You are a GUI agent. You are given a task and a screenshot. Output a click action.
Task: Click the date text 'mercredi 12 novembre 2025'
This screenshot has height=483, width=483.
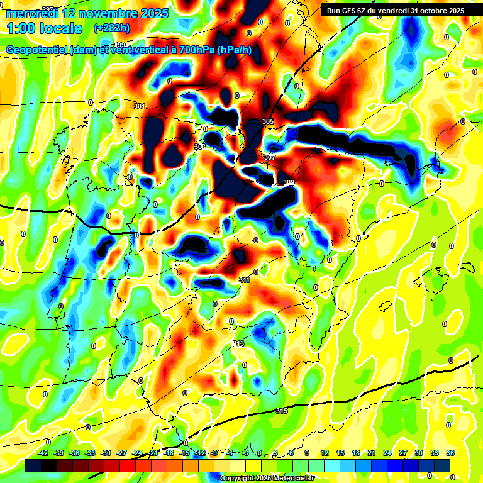pos(87,13)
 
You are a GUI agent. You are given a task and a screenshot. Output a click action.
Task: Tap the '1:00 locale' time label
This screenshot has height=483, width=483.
pos(45,28)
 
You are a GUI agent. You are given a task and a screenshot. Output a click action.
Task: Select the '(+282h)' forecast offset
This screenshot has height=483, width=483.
pos(111,28)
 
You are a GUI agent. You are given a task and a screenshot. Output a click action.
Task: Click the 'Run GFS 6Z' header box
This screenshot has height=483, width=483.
pos(392,10)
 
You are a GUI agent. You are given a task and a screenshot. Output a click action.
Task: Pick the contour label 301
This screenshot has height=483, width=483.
pos(140,106)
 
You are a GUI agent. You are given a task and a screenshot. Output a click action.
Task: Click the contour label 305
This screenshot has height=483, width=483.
pos(268,121)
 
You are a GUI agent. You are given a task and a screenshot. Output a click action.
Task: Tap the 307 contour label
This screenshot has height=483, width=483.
pos(270,157)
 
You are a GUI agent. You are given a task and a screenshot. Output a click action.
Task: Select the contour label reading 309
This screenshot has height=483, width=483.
pos(289,182)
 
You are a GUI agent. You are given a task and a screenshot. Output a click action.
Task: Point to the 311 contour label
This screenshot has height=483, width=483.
pos(245,280)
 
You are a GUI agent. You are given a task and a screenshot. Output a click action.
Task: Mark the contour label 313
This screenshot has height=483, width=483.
pos(238,343)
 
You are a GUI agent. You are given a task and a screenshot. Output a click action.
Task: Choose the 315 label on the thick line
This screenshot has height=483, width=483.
pos(282,411)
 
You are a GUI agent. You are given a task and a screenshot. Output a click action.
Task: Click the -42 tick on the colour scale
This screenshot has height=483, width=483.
pos(43,453)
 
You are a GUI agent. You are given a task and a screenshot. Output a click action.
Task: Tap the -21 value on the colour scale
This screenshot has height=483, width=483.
pos(153,453)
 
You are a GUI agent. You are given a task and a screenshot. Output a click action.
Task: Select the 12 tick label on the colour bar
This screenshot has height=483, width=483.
pos(325,453)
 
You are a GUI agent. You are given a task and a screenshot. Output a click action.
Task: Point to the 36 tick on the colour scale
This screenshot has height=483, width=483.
pos(450,453)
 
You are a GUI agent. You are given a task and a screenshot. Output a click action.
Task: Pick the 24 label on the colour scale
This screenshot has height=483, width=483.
pos(387,453)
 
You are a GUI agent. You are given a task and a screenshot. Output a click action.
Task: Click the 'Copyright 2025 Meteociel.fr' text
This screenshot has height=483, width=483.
pos(267,478)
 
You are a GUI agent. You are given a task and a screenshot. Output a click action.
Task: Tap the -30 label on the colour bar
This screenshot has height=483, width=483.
pos(106,453)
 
